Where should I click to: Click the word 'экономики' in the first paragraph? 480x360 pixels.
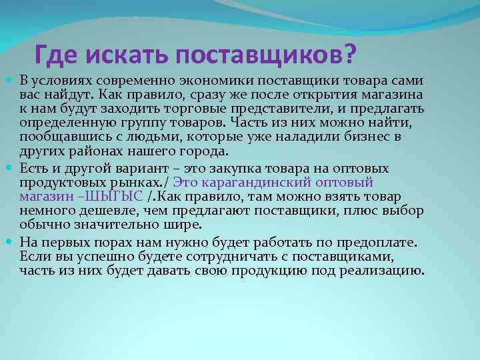[x=201, y=81]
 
